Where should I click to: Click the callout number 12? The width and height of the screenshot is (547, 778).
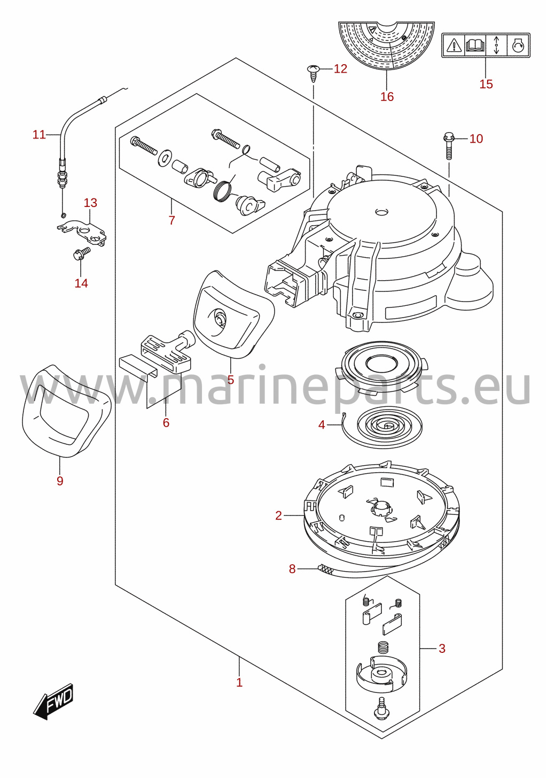[340, 69]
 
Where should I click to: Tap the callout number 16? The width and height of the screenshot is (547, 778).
[387, 97]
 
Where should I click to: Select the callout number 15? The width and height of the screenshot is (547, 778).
[486, 84]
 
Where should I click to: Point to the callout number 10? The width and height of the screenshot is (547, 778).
[476, 138]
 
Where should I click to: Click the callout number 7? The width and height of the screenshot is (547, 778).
[172, 220]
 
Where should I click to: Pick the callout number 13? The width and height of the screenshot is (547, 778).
[90, 203]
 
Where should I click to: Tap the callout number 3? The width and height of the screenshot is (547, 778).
[442, 649]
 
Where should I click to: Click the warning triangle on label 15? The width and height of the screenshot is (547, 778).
[454, 45]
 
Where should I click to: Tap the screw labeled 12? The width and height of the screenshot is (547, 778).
[313, 73]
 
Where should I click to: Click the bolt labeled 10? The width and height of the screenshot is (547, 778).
[449, 145]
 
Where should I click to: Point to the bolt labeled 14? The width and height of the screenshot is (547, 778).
[81, 253]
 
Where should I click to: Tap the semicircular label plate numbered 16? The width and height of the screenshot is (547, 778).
[387, 45]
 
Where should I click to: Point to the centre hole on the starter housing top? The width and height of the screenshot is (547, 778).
[382, 212]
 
